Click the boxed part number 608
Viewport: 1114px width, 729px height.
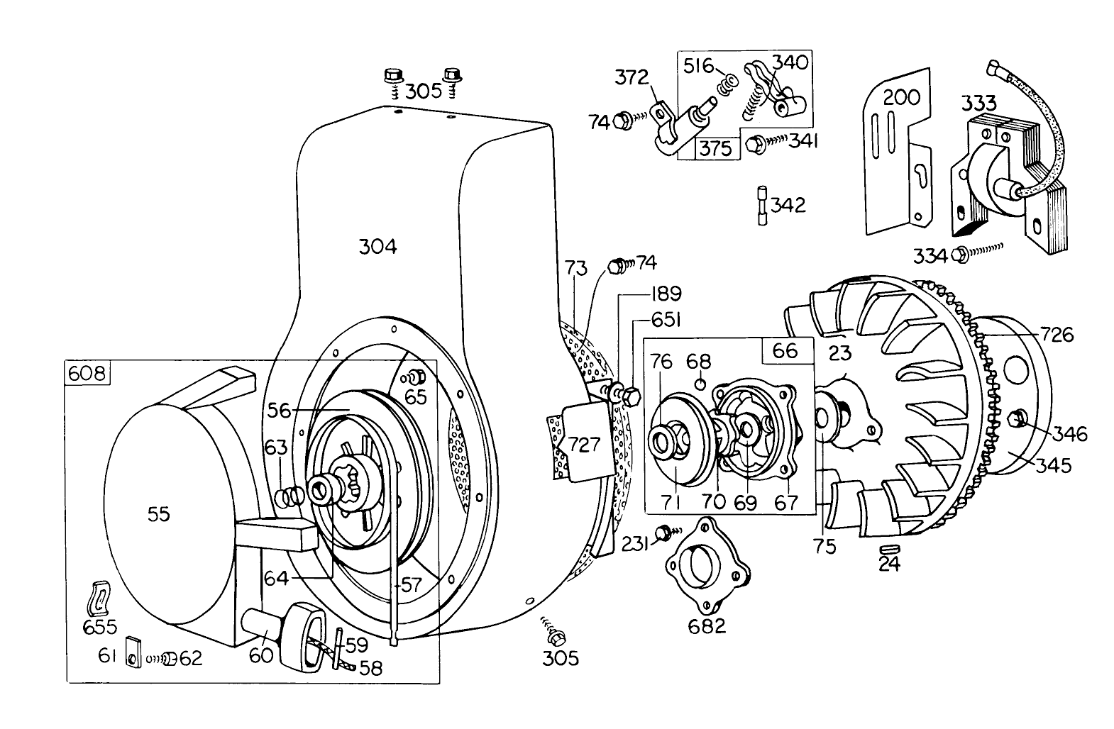88,372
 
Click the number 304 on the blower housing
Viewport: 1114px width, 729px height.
377,247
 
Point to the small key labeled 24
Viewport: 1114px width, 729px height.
888,549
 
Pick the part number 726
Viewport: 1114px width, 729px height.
1057,333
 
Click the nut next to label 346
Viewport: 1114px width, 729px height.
1021,419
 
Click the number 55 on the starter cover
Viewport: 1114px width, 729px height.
159,514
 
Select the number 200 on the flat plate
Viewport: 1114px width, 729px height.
901,97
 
